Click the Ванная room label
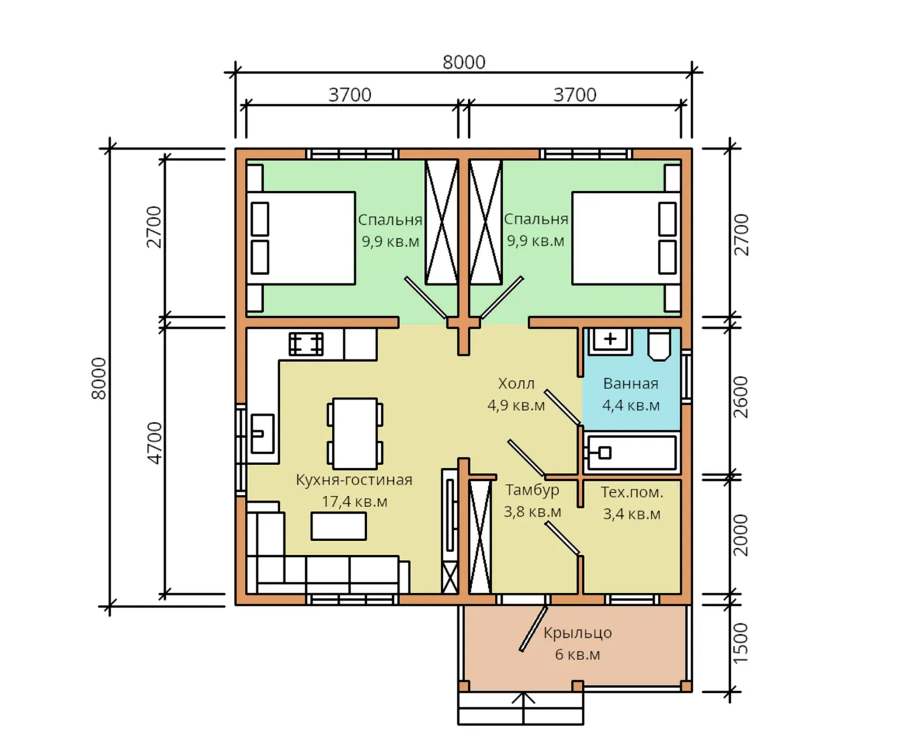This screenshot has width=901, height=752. (x=630, y=384)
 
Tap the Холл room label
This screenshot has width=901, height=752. (x=516, y=383)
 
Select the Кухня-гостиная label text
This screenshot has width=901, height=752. (x=354, y=480)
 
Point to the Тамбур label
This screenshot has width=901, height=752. (x=532, y=490)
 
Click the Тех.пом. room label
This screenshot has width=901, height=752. (x=632, y=492)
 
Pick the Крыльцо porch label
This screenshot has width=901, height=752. (x=577, y=633)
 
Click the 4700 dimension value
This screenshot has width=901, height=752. (x=155, y=443)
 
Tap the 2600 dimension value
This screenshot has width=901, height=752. (x=740, y=397)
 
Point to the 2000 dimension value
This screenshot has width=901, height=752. (x=740, y=535)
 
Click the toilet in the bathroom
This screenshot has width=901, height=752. (x=659, y=345)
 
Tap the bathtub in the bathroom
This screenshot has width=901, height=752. (x=630, y=453)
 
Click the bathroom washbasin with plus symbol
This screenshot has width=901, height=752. (x=610, y=341)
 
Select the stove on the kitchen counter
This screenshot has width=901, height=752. (x=306, y=344)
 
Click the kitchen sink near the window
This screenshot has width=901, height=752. (x=263, y=434)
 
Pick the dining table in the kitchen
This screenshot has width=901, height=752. (x=354, y=433)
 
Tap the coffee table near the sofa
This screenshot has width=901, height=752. (x=338, y=526)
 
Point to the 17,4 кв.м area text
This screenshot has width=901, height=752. (x=354, y=502)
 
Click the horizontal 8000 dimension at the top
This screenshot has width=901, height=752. (x=464, y=63)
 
